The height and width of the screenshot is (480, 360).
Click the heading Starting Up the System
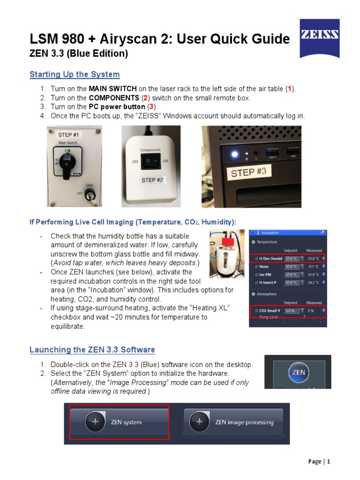[75, 75]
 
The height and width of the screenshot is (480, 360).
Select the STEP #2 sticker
[152, 180]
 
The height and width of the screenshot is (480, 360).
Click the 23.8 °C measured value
[314, 258]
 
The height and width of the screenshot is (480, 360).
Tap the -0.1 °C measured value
[314, 266]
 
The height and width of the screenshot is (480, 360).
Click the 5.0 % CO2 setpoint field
[291, 310]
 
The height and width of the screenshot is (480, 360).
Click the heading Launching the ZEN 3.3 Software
[92, 350]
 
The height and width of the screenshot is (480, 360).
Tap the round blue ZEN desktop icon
[298, 373]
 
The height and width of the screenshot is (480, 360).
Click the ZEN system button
[120, 422]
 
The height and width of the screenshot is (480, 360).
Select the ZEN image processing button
[233, 422]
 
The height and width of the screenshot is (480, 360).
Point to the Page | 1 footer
[319, 462]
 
